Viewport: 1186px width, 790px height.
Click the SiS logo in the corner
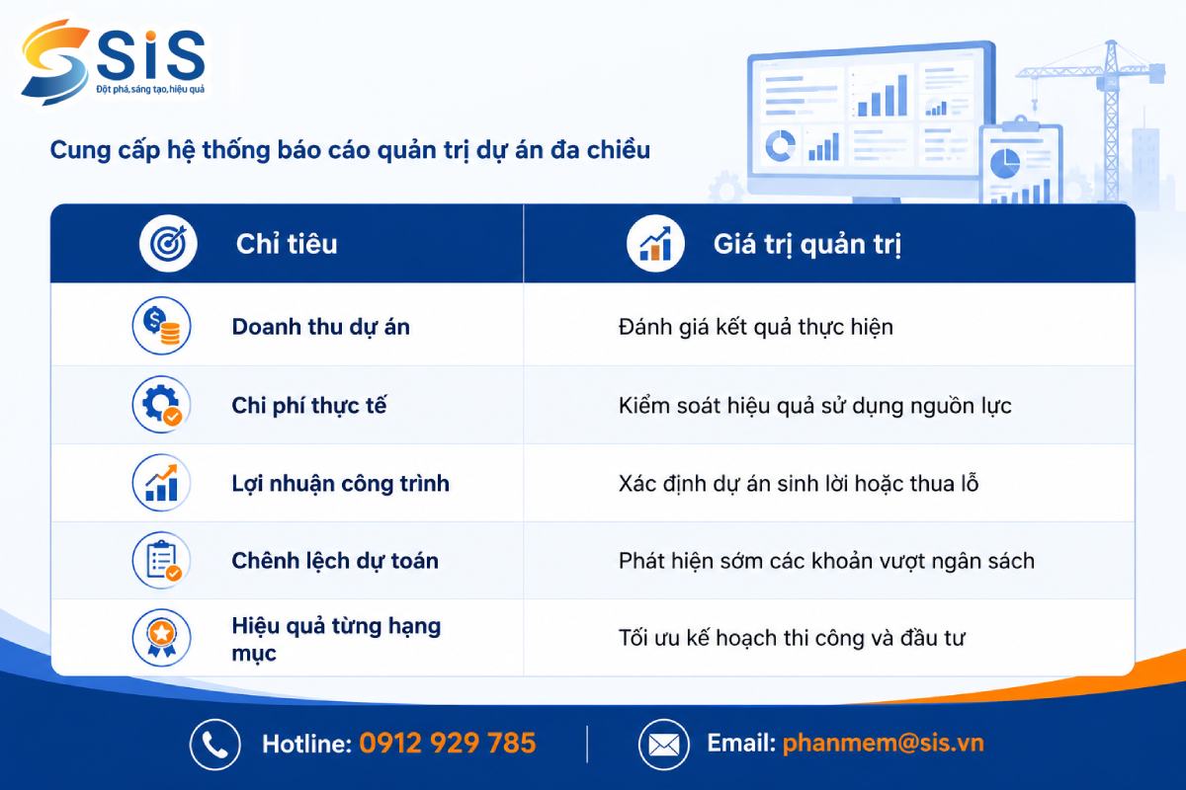(113, 62)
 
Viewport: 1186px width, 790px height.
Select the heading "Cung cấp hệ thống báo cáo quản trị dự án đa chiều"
(350, 150)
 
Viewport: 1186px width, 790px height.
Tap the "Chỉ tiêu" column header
(287, 244)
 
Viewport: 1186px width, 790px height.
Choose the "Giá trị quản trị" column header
(806, 245)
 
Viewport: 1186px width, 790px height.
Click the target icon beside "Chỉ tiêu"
(168, 243)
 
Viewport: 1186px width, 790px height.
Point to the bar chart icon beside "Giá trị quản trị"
(655, 243)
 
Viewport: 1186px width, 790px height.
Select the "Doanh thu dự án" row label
(321, 327)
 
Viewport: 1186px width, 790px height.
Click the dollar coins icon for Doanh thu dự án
(161, 326)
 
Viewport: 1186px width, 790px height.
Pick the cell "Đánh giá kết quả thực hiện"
(755, 327)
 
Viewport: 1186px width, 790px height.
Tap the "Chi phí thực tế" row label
(309, 406)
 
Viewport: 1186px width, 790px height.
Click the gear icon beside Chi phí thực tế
(161, 404)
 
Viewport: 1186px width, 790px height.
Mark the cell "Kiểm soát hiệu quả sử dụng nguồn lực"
(814, 406)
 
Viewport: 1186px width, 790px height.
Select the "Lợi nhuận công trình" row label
(340, 484)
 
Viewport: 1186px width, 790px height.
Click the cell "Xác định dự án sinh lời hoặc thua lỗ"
(799, 484)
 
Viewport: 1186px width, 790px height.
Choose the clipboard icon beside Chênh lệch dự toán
(161, 560)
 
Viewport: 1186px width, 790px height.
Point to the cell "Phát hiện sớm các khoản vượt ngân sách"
(826, 562)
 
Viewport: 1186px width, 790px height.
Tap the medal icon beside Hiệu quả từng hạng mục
(161, 638)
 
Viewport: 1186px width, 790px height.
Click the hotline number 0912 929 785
(448, 743)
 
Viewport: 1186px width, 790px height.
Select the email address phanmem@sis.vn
(884, 743)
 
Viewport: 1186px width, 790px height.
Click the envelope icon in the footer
(664, 745)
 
